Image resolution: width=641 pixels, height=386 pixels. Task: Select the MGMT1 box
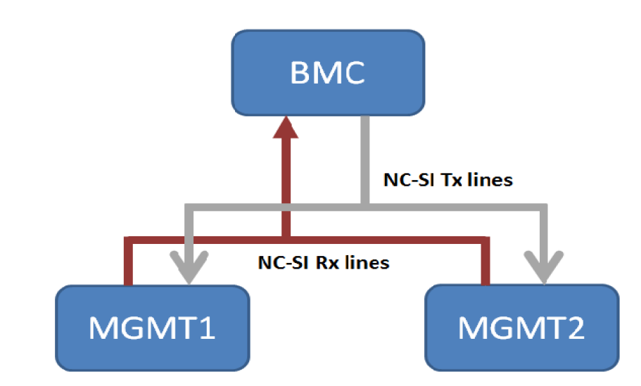[152, 328]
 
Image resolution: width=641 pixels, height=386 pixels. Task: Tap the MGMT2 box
[521, 328]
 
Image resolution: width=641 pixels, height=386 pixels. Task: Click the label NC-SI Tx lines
[448, 180]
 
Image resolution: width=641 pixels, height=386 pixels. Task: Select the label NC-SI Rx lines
[324, 263]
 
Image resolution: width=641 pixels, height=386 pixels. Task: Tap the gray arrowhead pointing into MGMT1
[187, 272]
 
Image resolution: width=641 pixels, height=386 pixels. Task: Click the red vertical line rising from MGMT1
[128, 264]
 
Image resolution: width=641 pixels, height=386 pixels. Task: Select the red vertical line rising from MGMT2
[485, 264]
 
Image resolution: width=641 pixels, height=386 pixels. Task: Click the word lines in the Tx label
[493, 180]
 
